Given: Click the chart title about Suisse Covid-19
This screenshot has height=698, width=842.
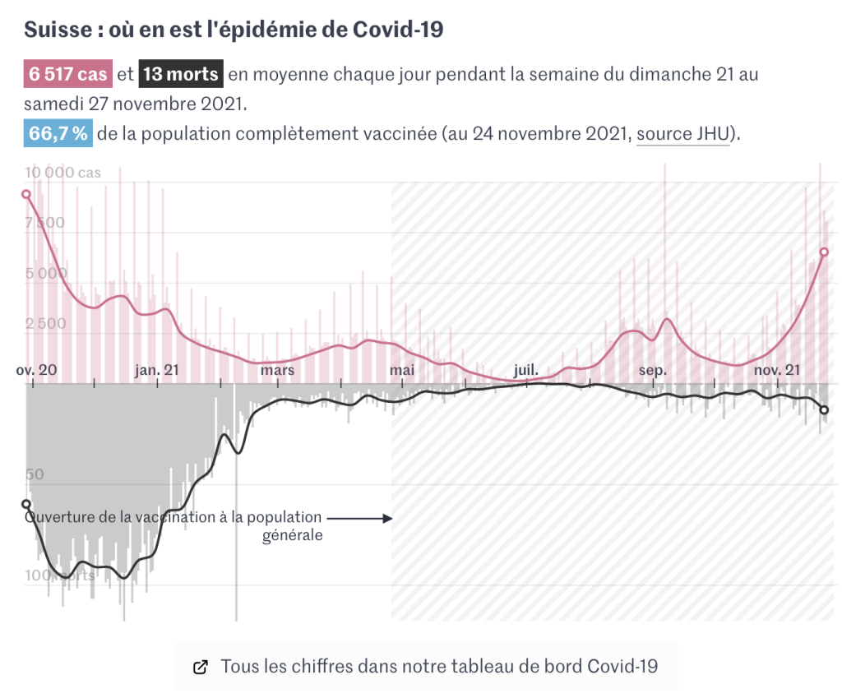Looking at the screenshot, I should coord(234,30).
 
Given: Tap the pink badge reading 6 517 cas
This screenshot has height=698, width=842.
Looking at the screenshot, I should coord(68,75).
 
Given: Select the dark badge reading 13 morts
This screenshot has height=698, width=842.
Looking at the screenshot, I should coord(181,75).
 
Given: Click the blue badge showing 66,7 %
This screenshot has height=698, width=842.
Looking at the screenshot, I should coord(58,134).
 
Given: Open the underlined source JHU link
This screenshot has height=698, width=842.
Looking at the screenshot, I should coord(683,134).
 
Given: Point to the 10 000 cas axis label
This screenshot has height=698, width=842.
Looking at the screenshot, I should coord(62,173).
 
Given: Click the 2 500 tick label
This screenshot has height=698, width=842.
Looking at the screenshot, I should coord(45,324).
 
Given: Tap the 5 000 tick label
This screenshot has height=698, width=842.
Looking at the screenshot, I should coord(45,274).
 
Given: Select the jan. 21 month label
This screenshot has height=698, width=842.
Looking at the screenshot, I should coord(156,370).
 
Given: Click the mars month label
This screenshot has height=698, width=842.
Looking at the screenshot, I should coord(277,370).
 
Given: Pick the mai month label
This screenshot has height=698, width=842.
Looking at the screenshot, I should coord(401,370).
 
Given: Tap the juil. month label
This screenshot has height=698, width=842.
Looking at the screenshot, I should coord(526,370).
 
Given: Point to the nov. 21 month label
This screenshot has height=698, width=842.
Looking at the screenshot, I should coord(777,370).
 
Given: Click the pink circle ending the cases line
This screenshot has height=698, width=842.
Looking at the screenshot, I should coord(824,252).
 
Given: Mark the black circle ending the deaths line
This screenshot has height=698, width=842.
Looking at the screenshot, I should coord(824,409).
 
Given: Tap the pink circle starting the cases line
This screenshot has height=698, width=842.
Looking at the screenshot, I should coord(26,195).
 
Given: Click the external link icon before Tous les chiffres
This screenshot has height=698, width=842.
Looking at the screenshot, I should coord(200,667).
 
